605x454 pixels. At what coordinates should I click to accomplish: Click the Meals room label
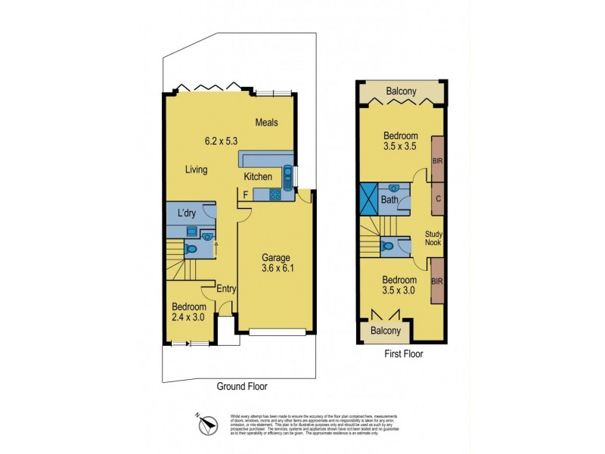[x=267, y=122]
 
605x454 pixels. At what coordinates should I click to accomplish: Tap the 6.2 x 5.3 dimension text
[x=221, y=141]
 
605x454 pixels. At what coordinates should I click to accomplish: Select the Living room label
[x=197, y=169]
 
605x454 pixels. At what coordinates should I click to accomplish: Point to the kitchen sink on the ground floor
[x=288, y=176]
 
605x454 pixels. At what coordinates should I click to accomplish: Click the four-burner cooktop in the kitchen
[x=275, y=194]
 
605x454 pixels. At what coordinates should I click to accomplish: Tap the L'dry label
[x=186, y=213]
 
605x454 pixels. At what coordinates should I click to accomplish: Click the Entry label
[x=226, y=288]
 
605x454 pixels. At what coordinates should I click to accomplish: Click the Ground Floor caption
[x=241, y=386]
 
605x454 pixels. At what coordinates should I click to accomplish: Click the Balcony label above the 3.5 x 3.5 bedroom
[x=401, y=92]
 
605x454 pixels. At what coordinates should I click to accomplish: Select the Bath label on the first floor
[x=389, y=201]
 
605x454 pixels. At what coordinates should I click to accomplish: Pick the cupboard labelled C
[x=437, y=199]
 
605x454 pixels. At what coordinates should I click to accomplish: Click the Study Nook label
[x=433, y=239]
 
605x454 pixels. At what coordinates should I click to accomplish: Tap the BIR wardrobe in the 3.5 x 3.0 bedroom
[x=437, y=281]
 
